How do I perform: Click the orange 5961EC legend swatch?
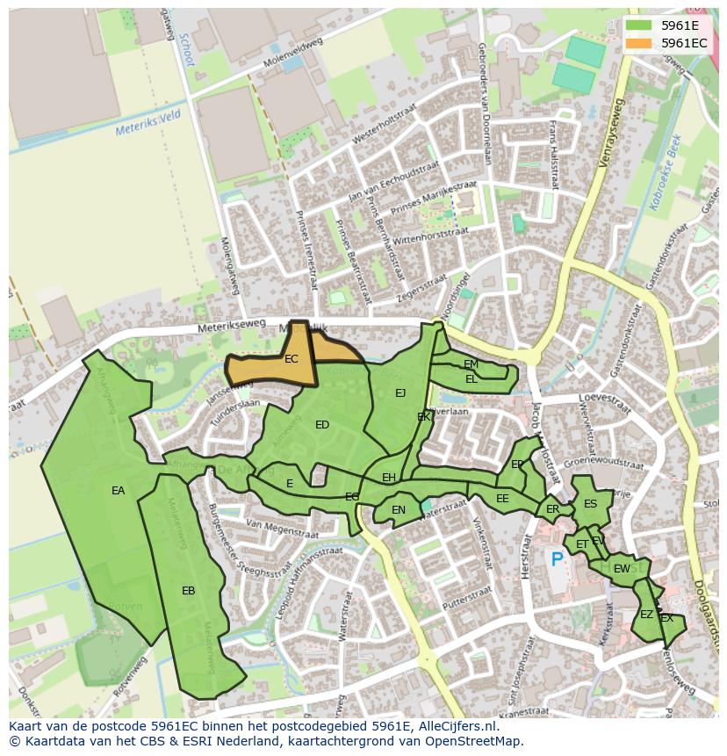click(639, 42)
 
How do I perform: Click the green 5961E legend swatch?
click(639, 25)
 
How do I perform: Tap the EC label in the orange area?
click(292, 359)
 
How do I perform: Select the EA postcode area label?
click(119, 491)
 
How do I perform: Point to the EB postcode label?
click(188, 591)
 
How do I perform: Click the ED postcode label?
click(322, 425)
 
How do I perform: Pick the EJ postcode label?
click(400, 392)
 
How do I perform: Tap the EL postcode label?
click(471, 379)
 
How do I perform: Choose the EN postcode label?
click(399, 510)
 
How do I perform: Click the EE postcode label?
click(502, 499)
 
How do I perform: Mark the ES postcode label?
click(590, 504)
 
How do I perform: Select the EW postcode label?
click(622, 569)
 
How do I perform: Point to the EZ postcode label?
click(646, 615)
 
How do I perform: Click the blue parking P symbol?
click(557, 558)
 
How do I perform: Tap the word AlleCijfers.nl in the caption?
click(454, 726)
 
